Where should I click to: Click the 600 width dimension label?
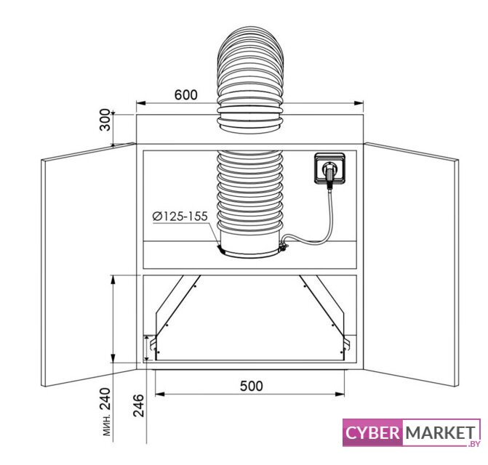tap(185, 94)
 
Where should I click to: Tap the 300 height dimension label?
tap(105, 120)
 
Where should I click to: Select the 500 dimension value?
tap(252, 386)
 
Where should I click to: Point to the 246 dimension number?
tap(139, 405)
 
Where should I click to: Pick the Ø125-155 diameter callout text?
tap(180, 217)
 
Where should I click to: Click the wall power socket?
tap(329, 169)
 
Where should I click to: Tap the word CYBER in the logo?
tap(372, 432)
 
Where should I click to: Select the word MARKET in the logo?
tap(441, 432)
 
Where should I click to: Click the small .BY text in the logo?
tap(474, 444)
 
